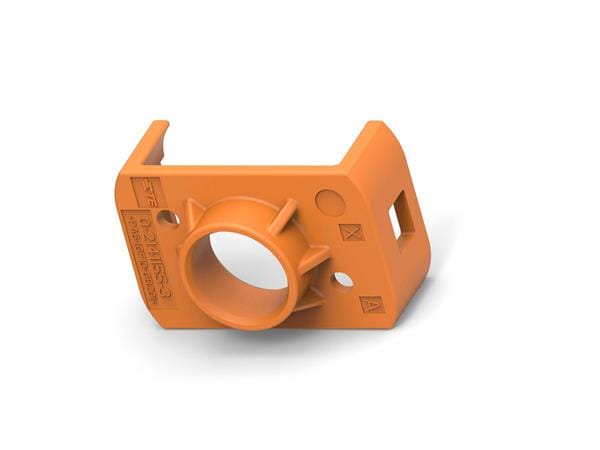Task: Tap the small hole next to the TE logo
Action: point(169,216)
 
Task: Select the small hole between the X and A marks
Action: point(343,280)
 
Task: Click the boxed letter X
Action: point(350,232)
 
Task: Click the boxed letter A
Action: point(371,304)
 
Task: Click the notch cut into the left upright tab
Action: point(152,158)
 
